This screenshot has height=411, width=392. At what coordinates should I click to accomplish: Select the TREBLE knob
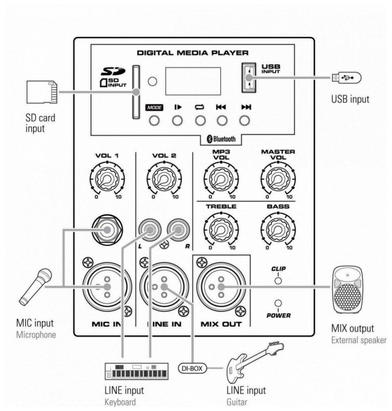point(221,229)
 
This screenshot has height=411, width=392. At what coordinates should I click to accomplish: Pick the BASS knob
point(277,229)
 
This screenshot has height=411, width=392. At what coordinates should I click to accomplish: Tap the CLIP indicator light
point(277,280)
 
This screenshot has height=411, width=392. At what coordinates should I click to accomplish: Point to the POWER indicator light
point(277,303)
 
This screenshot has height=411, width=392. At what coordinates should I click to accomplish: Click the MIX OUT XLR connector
point(221,287)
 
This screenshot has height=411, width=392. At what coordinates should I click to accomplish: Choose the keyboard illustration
point(136,372)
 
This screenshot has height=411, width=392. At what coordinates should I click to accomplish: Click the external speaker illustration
point(348,290)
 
